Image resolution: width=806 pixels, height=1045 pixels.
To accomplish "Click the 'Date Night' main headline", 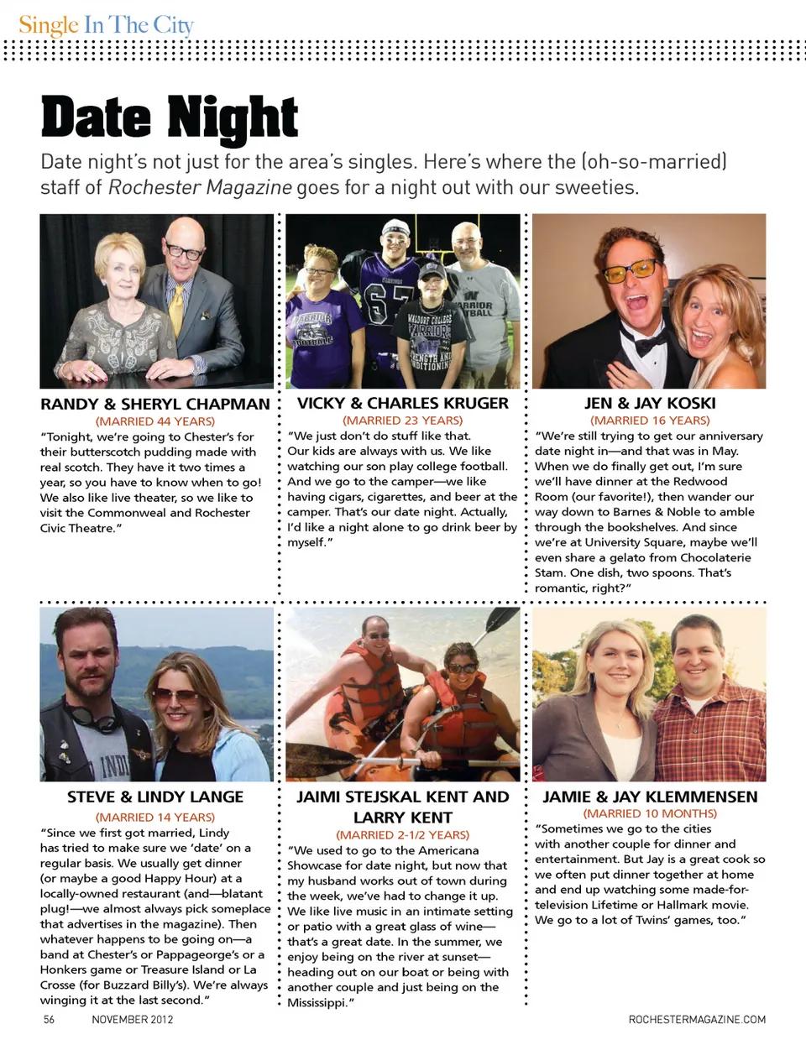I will [169, 118].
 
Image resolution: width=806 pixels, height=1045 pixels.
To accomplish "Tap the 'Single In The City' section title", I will [106, 25].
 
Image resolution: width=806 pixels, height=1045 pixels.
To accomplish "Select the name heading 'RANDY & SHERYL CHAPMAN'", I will [155, 404].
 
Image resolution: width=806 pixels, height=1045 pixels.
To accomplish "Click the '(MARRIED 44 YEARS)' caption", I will [155, 421].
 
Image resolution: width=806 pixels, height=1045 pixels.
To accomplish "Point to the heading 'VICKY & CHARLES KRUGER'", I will [403, 403].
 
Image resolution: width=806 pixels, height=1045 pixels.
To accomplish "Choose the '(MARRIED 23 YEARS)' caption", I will [403, 421].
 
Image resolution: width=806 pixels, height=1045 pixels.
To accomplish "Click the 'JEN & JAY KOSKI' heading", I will [649, 403].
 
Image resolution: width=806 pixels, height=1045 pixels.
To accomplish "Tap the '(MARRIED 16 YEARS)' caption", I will [650, 421].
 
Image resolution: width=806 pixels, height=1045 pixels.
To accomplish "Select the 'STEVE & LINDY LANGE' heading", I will [155, 797].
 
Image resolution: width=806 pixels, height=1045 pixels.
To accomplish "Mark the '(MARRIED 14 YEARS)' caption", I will [155, 817].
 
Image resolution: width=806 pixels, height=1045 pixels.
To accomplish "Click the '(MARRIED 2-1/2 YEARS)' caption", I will [403, 835].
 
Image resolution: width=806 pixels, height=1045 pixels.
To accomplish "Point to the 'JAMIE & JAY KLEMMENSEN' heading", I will [650, 797].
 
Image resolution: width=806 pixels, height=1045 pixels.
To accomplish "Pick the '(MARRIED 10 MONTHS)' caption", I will [650, 813].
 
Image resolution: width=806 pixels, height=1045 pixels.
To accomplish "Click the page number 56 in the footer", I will [49, 1019].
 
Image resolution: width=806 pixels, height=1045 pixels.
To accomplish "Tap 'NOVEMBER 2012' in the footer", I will [133, 1019].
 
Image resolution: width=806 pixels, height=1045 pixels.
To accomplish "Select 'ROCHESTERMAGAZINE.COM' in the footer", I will [697, 1019].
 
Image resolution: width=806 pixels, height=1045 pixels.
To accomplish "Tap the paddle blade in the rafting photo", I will [503, 620].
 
